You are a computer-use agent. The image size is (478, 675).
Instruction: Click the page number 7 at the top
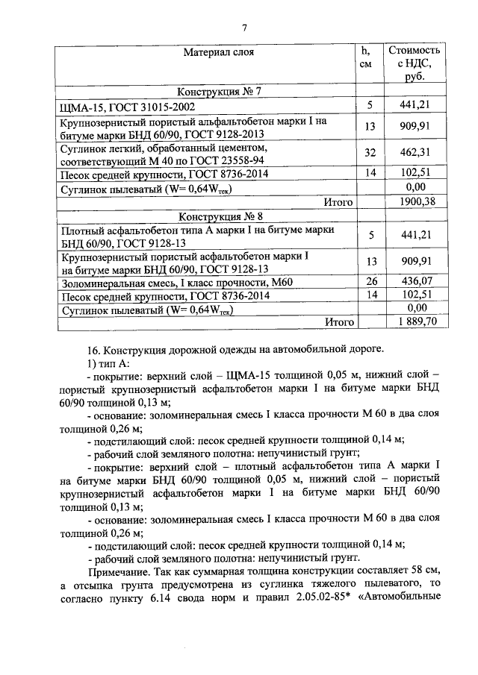(244, 28)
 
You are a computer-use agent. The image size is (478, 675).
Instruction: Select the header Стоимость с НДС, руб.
(415, 63)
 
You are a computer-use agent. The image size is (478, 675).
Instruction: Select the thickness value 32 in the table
(369, 154)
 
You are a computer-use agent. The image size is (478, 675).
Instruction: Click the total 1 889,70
(412, 321)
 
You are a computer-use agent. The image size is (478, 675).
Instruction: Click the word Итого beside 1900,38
(337, 202)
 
